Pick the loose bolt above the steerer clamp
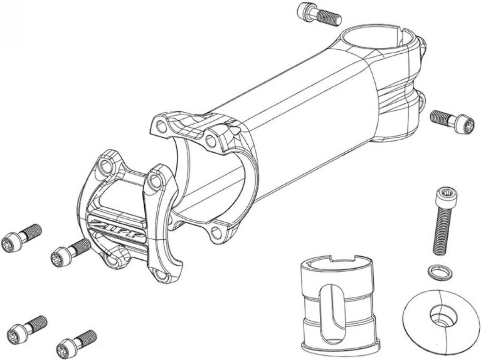tap(319, 14)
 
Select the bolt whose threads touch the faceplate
tap(71, 252)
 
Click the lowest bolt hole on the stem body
tap(218, 231)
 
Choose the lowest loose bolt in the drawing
tap(76, 343)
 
